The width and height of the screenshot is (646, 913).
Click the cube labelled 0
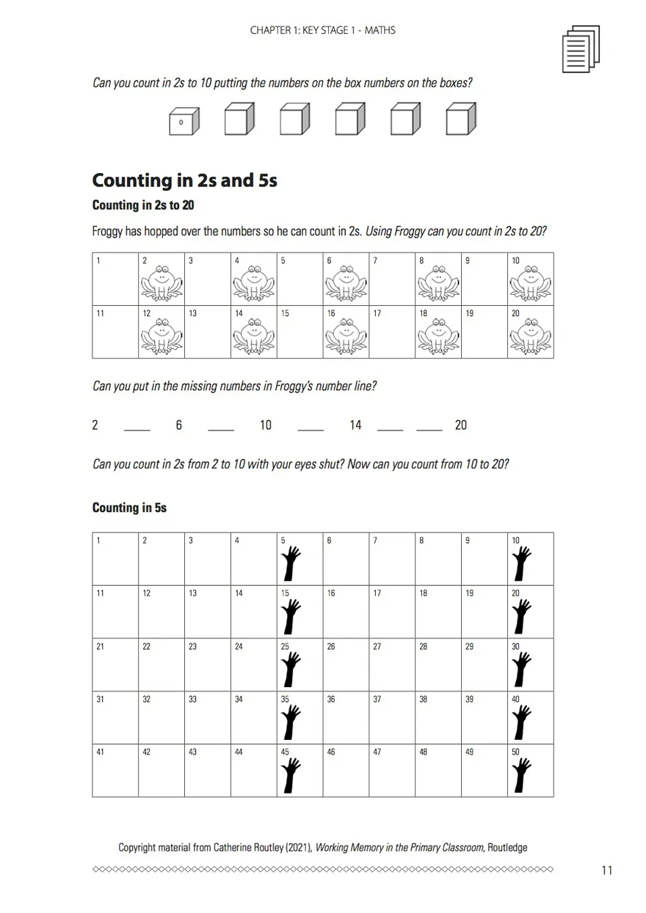click(183, 121)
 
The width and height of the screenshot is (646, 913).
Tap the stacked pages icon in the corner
click(580, 49)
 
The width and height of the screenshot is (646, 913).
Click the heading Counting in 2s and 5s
click(184, 180)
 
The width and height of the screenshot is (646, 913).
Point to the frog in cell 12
click(161, 337)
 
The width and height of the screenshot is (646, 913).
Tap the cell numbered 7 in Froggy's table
click(392, 279)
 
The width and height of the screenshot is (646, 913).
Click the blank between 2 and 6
click(137, 426)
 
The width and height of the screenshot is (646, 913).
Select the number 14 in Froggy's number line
click(355, 425)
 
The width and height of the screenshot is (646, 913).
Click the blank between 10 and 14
click(311, 426)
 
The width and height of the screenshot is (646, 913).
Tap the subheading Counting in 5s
click(129, 507)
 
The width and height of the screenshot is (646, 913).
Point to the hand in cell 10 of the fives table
click(522, 563)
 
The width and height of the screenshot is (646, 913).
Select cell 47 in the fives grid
click(392, 770)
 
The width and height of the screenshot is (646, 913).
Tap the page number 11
click(606, 870)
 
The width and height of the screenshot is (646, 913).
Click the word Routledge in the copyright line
click(507, 848)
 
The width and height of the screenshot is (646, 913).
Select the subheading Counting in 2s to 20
click(143, 205)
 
